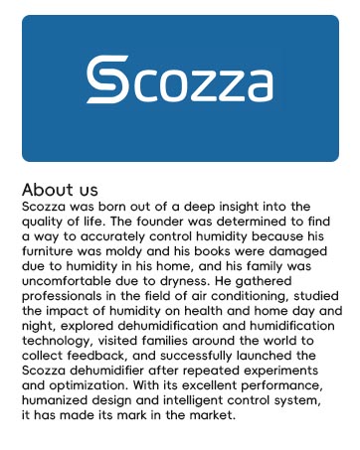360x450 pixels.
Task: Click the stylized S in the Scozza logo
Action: tap(103, 80)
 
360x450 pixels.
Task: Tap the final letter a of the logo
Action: tap(256, 85)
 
